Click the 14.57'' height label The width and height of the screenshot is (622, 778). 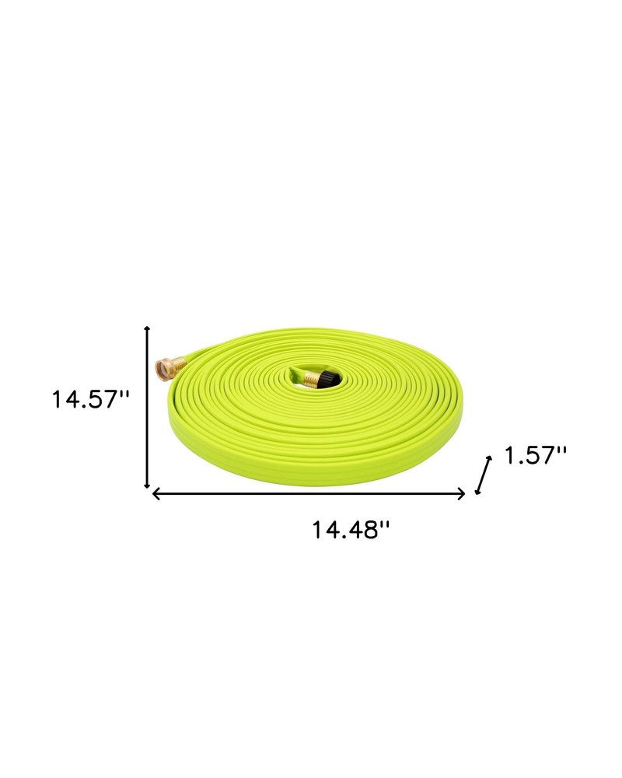90,400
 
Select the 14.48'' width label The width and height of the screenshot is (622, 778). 351,531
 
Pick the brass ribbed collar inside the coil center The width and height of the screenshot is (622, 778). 313,379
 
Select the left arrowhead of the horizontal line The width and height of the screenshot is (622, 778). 155,493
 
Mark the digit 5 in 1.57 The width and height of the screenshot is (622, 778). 532,455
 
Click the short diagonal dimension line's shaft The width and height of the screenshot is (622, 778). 484,475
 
